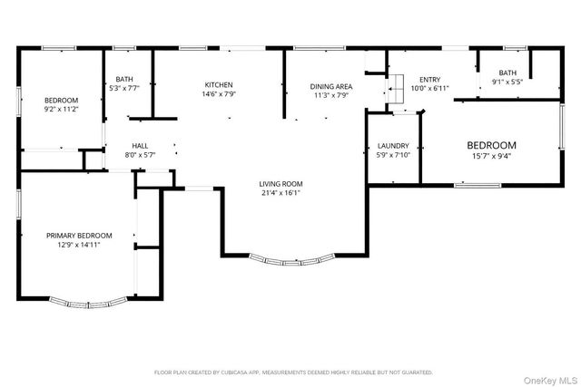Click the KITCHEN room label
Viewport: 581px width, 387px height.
(218, 84)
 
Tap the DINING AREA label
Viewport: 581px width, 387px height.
(332, 86)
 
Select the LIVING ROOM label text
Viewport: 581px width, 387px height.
(281, 183)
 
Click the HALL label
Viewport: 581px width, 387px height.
(140, 145)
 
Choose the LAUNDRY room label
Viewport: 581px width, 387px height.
(393, 145)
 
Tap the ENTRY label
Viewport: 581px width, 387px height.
(428, 80)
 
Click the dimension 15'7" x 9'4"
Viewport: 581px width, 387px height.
(491, 155)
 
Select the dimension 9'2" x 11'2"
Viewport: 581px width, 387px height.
(62, 109)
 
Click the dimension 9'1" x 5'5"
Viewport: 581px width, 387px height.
(507, 82)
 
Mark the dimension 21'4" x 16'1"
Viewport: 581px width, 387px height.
(281, 192)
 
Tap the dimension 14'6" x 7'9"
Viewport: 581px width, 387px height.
(218, 93)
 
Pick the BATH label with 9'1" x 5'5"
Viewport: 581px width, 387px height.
(507, 73)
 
